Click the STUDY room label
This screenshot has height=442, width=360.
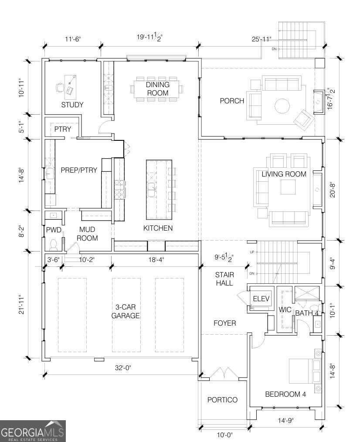tap(72, 105)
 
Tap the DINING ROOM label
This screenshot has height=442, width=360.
tap(158, 89)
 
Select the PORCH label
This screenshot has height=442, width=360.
tap(232, 101)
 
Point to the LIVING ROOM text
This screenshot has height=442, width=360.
tap(284, 174)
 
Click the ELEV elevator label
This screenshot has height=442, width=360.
tap(262, 299)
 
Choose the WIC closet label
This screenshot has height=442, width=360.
tap(285, 309)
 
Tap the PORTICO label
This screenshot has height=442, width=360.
tap(222, 400)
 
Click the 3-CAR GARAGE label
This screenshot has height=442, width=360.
tap(126, 311)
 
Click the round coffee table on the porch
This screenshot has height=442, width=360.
tap(282, 106)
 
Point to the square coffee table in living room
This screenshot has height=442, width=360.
tap(288, 187)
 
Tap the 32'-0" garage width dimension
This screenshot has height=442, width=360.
tap(123, 367)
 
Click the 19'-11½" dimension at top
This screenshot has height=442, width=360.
tap(149, 37)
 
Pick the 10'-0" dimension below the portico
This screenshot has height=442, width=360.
tap(225, 435)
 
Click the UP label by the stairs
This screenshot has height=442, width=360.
tap(252, 252)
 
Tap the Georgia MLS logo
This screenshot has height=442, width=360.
tap(33, 431)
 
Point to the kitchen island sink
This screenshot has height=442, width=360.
tap(152, 190)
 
